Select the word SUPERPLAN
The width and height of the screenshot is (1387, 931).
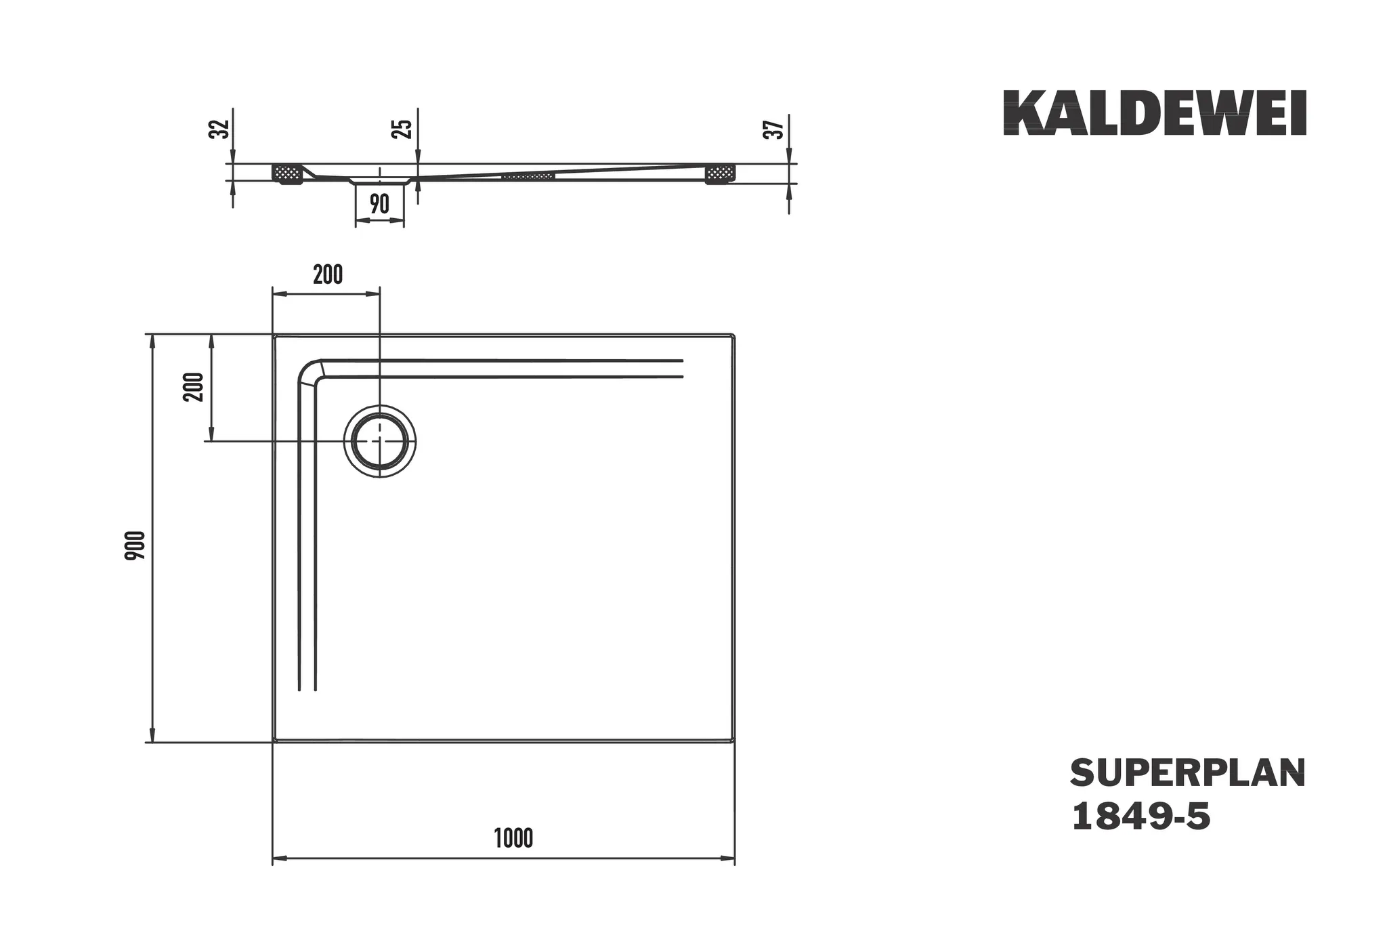tap(1188, 773)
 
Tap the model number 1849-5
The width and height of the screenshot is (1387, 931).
tap(1140, 816)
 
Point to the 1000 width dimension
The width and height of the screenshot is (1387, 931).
tap(513, 838)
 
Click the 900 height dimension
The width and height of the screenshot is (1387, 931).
tap(135, 545)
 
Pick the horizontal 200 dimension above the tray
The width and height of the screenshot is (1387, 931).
tap(328, 275)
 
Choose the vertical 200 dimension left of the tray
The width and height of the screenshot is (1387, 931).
tap(194, 387)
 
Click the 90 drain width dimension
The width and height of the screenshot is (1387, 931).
tap(379, 203)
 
